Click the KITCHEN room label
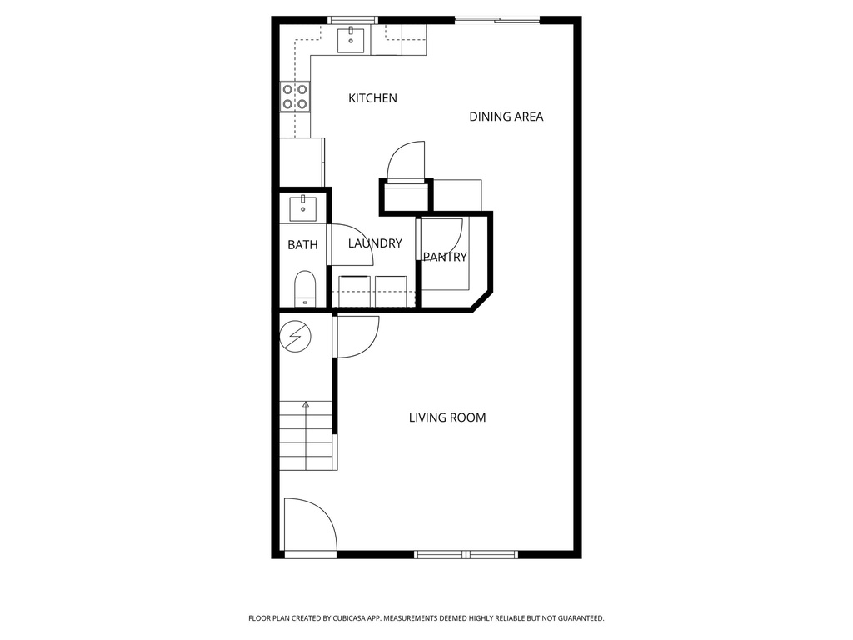[x=372, y=98]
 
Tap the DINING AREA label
[x=506, y=117]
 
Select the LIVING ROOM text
[x=447, y=417]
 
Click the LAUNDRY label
[x=375, y=243]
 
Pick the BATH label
[x=302, y=245]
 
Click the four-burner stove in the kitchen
[x=295, y=97]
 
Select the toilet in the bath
[x=305, y=288]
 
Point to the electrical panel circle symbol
[x=294, y=336]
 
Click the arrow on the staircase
[x=306, y=407]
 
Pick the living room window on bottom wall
[x=466, y=554]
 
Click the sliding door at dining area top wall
[x=496, y=19]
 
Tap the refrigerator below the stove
[x=301, y=162]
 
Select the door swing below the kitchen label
[x=407, y=160]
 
